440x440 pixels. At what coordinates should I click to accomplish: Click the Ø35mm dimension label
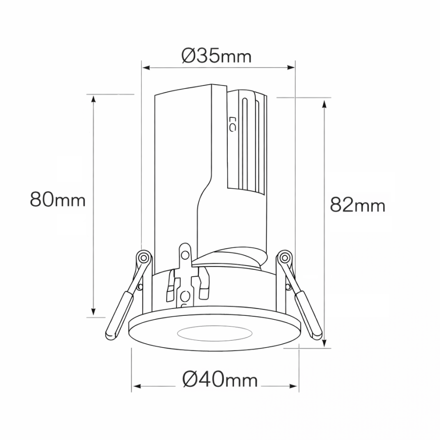(217, 56)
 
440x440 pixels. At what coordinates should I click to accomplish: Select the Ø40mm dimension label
(220, 380)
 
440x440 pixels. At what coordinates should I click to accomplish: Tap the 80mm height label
(58, 199)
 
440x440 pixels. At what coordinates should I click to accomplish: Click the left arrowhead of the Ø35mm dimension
(146, 67)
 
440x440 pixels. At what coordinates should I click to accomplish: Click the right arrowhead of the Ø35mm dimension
(291, 67)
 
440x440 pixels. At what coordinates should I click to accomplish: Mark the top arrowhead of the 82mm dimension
(325, 104)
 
